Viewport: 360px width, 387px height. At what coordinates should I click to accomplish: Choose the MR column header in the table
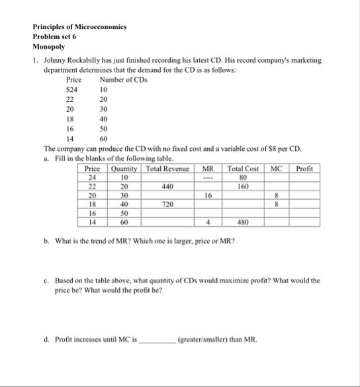coord(208,169)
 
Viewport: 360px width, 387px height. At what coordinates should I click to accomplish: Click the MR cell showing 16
coord(208,196)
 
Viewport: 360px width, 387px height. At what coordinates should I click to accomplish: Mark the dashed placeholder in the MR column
coord(208,178)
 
